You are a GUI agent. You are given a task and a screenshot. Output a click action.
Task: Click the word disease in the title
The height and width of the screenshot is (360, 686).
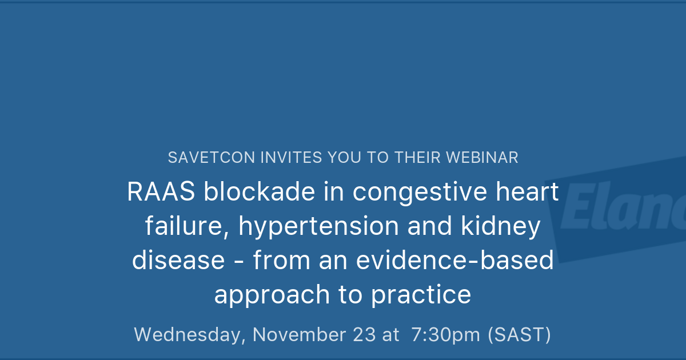(178, 261)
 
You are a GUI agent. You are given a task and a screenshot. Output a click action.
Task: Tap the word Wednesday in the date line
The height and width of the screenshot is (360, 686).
(189, 335)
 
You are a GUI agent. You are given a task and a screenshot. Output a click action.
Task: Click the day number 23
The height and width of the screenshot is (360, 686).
(363, 335)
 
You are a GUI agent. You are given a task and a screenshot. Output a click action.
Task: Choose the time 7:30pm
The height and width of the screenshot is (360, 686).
(446, 335)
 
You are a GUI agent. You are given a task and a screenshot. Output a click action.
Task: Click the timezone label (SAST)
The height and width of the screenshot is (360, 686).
(519, 335)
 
